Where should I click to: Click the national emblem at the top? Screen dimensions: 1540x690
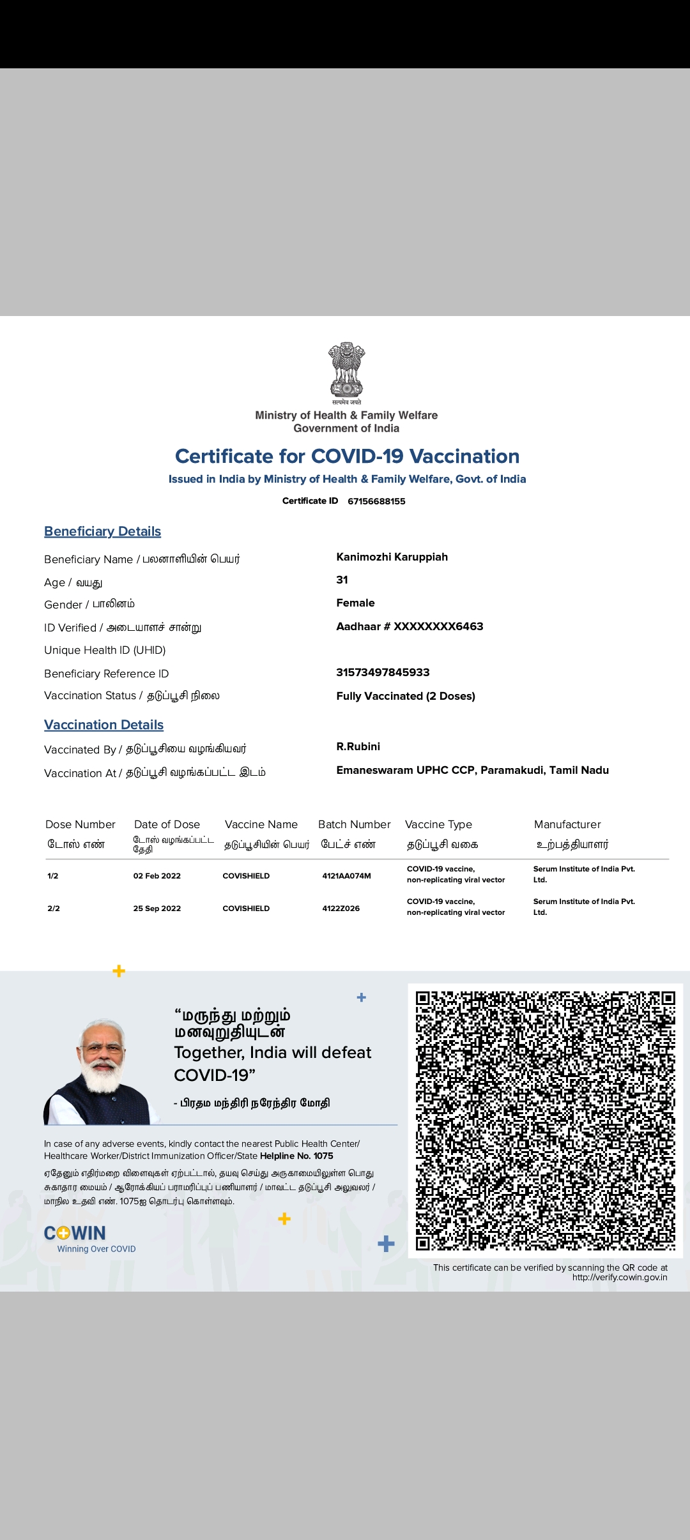pos(346,370)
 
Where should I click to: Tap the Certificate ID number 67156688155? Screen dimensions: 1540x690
pos(376,501)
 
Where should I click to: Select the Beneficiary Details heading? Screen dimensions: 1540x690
pos(102,531)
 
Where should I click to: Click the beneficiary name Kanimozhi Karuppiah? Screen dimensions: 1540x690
pos(392,557)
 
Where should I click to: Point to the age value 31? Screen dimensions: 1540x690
pos(342,580)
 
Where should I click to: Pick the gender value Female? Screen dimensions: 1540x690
pos(355,603)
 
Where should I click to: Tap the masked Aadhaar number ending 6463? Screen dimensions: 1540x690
pos(410,626)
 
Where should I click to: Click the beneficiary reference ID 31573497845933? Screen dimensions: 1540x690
pos(383,672)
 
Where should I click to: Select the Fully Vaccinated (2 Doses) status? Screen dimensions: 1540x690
pos(406,696)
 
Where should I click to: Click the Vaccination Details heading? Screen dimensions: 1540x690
pos(103,725)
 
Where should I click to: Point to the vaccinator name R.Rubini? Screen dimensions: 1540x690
pos(358,746)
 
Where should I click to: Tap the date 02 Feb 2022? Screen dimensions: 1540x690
pos(157,876)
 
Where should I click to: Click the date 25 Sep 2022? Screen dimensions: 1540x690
pos(157,909)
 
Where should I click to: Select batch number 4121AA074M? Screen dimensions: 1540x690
pos(346,876)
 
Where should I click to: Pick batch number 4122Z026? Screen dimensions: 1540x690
pos(341,909)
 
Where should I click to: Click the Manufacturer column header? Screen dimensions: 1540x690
pos(567,824)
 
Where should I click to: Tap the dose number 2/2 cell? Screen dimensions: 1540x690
pos(54,909)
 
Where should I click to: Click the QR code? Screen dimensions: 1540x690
pos(545,1121)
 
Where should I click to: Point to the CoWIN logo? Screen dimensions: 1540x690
pos(75,1233)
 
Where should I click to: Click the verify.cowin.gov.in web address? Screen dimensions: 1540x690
pos(619,1278)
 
